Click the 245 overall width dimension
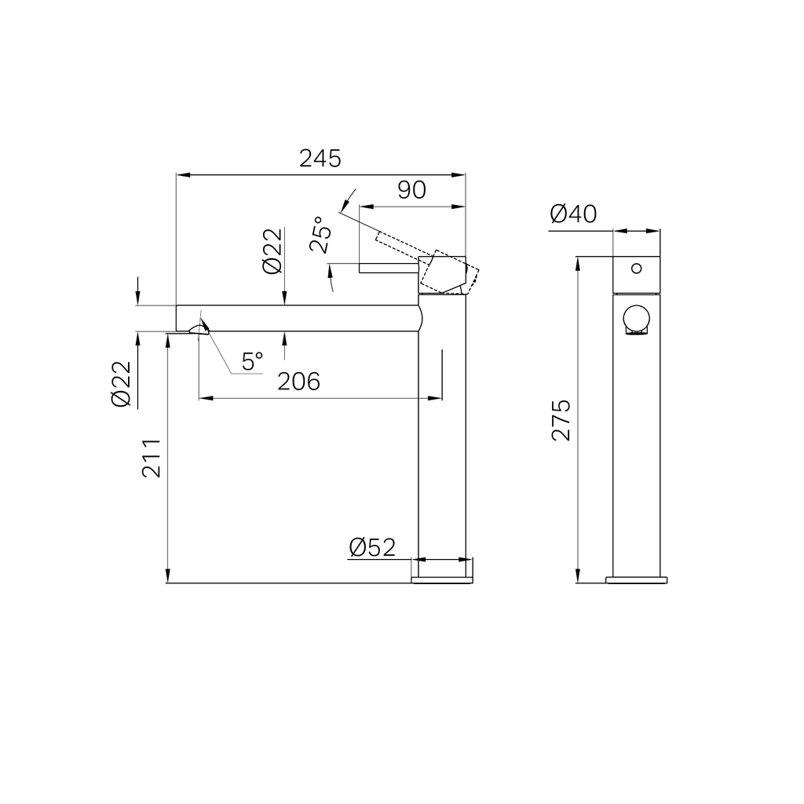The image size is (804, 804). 320,159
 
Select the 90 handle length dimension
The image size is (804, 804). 411,190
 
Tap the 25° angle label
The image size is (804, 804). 320,234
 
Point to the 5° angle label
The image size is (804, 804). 252,361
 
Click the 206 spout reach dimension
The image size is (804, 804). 298,382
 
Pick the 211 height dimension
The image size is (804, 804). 152,459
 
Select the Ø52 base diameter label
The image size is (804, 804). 372,547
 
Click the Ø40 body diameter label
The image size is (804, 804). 573,214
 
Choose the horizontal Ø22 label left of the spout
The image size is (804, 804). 122,384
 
